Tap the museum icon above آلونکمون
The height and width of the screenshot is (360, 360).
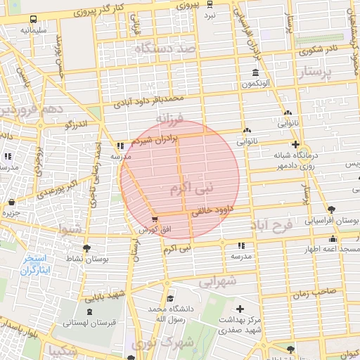coord(255,73)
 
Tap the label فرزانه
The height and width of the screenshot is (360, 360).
coord(169,117)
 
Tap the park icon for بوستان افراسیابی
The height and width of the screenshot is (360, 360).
coord(331,210)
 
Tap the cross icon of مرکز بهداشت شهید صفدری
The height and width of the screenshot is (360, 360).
coord(240,309)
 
